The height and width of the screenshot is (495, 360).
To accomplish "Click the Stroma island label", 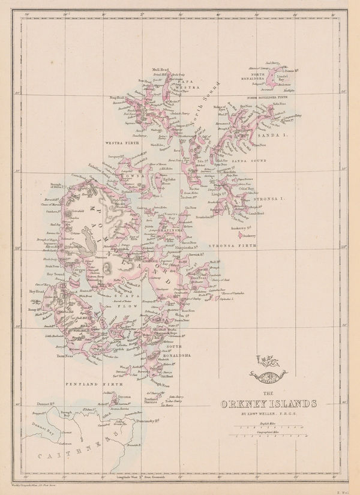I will click(x=125, y=397).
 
